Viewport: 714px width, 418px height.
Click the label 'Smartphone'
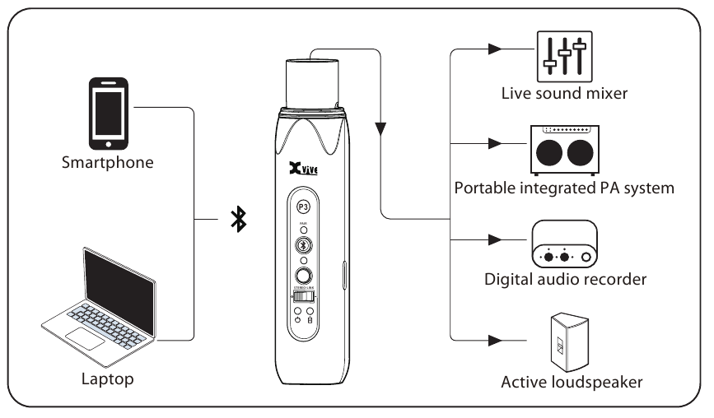pos(108,162)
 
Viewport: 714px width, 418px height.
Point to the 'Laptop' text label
pos(107,380)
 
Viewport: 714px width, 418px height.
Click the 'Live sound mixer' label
pos(564,93)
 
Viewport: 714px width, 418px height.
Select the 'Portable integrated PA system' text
pos(564,188)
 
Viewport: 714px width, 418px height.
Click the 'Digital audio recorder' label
pos(564,280)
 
